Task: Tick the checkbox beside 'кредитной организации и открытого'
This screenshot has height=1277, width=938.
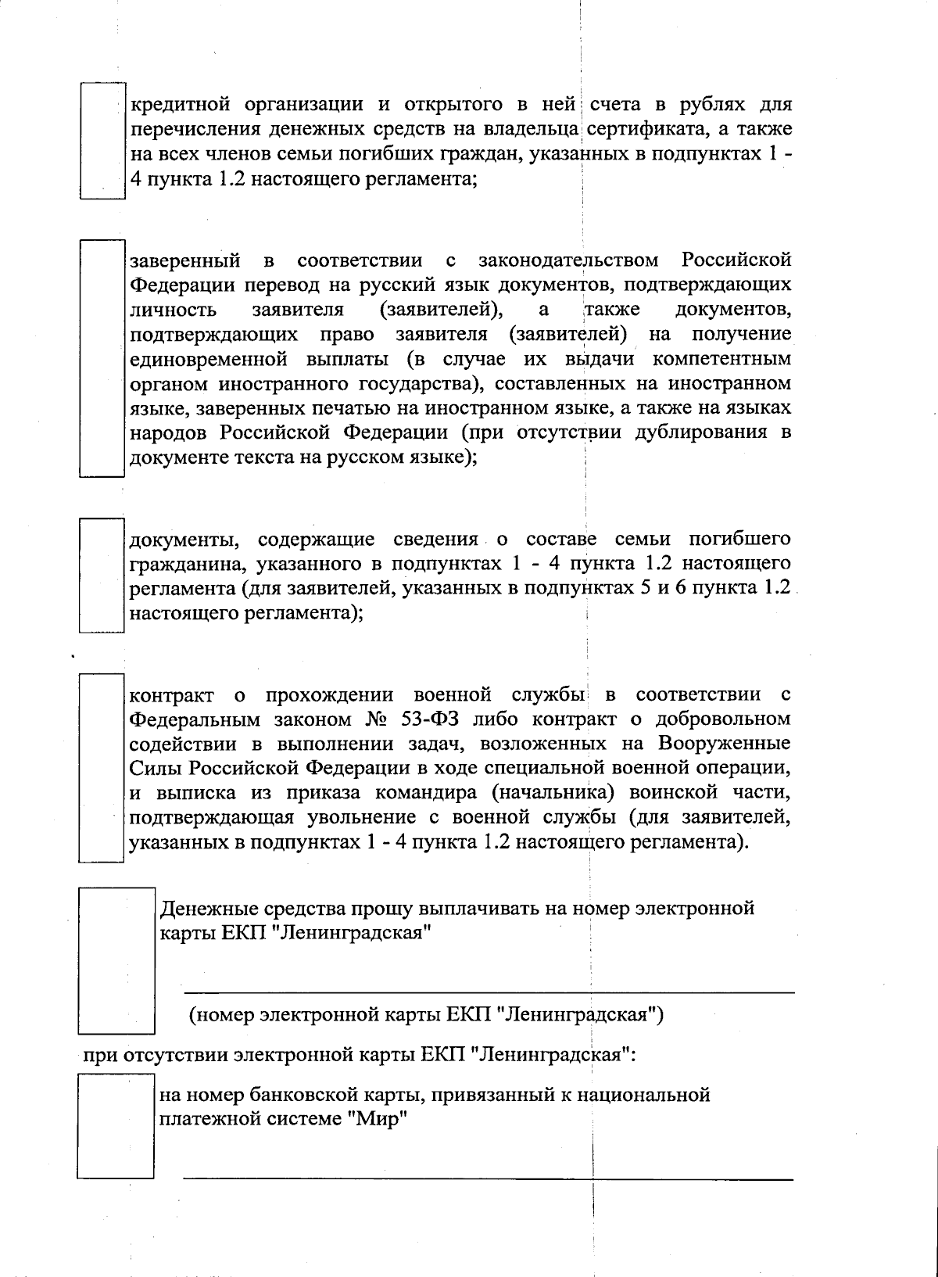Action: click(x=102, y=141)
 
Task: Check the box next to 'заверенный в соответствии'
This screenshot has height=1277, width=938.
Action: click(x=102, y=358)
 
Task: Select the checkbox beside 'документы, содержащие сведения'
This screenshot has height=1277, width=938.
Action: click(x=102, y=576)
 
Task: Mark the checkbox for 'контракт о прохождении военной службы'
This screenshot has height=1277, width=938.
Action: click(x=102, y=768)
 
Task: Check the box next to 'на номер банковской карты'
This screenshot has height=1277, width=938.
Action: click(x=116, y=1126)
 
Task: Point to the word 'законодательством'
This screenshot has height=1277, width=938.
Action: click(x=567, y=260)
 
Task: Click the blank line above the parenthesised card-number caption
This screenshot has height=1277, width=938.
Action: click(x=489, y=992)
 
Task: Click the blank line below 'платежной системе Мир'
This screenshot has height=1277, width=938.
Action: click(x=489, y=1178)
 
